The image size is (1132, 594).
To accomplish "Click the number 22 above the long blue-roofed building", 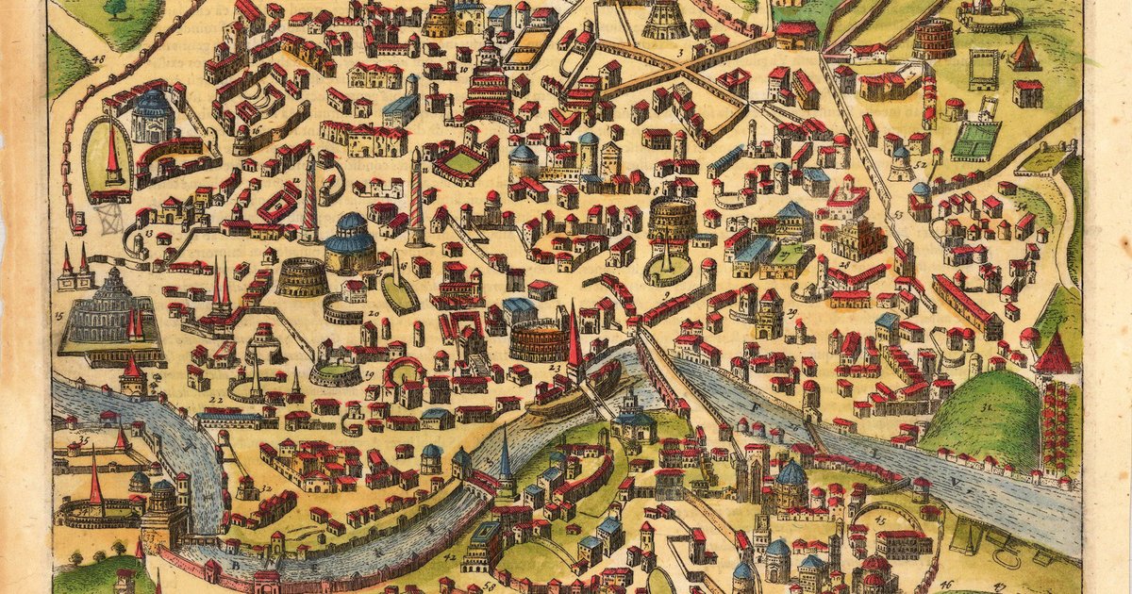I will [215, 399].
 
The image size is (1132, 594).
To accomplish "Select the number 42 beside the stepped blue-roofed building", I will [451, 558].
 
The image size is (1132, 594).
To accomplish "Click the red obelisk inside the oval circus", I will [112, 156].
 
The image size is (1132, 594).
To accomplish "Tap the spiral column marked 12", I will [309, 198].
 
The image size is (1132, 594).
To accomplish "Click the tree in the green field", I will [115, 8].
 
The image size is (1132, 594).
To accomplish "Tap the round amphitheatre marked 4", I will [933, 39].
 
